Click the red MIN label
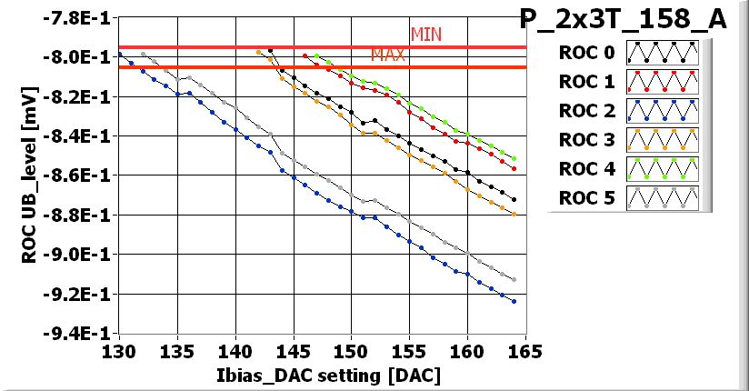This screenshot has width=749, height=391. click(x=425, y=35)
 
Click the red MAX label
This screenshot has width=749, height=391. click(x=387, y=55)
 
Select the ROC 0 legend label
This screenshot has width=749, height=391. click(x=586, y=53)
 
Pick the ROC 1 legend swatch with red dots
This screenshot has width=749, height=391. click(x=661, y=82)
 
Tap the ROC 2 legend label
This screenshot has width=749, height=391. click(x=586, y=111)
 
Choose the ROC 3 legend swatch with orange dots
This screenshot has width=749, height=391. click(x=661, y=140)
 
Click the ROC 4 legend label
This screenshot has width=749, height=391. click(x=586, y=169)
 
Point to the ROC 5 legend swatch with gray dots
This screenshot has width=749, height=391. click(x=661, y=198)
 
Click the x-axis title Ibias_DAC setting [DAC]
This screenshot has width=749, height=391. click(x=321, y=375)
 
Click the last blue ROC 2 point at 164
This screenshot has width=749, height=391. click(x=514, y=301)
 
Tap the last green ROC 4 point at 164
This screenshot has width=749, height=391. click(x=514, y=158)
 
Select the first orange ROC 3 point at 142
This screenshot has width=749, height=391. click(x=259, y=53)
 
